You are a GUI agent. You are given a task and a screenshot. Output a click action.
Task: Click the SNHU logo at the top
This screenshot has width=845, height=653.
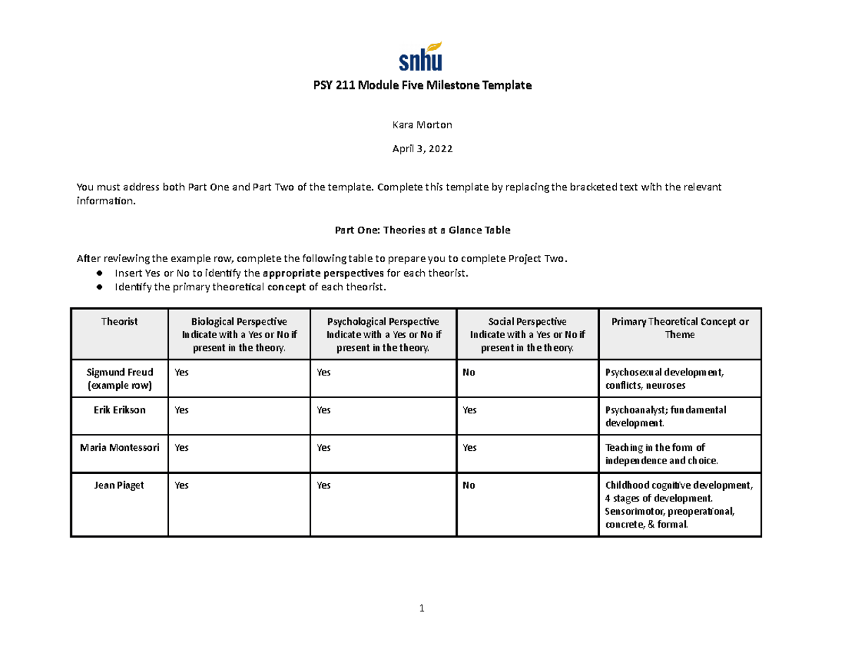pos(421,56)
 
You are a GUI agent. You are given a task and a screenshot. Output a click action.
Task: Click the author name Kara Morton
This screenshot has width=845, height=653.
pos(422,125)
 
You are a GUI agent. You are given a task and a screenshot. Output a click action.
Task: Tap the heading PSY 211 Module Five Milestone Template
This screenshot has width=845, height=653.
pos(422,86)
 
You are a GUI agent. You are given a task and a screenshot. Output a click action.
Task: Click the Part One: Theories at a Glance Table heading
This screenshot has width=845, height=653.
pos(422,230)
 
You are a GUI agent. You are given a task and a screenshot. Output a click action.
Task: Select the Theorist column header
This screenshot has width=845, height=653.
pos(119,322)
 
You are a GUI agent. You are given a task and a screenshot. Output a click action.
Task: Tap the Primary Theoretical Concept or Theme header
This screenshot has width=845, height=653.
pos(680,328)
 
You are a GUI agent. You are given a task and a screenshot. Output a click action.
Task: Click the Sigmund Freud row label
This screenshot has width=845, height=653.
pos(119,379)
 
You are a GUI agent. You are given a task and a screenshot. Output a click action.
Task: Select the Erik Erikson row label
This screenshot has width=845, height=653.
pos(119,410)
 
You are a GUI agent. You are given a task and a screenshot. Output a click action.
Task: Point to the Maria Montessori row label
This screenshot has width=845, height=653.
pos(119,447)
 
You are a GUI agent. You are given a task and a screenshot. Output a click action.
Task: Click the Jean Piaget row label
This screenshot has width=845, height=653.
pos(119,485)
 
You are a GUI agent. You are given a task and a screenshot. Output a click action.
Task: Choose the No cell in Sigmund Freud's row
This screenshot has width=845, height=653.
pos(468,373)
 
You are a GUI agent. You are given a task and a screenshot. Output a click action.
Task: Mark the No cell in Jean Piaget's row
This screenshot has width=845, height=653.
pos(468,485)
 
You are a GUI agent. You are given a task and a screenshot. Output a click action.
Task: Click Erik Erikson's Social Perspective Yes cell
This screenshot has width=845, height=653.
pos(470,410)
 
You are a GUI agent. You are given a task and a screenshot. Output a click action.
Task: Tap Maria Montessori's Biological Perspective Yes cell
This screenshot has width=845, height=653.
pos(182,447)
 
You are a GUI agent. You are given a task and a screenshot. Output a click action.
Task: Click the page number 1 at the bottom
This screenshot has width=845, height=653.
pos(422,609)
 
